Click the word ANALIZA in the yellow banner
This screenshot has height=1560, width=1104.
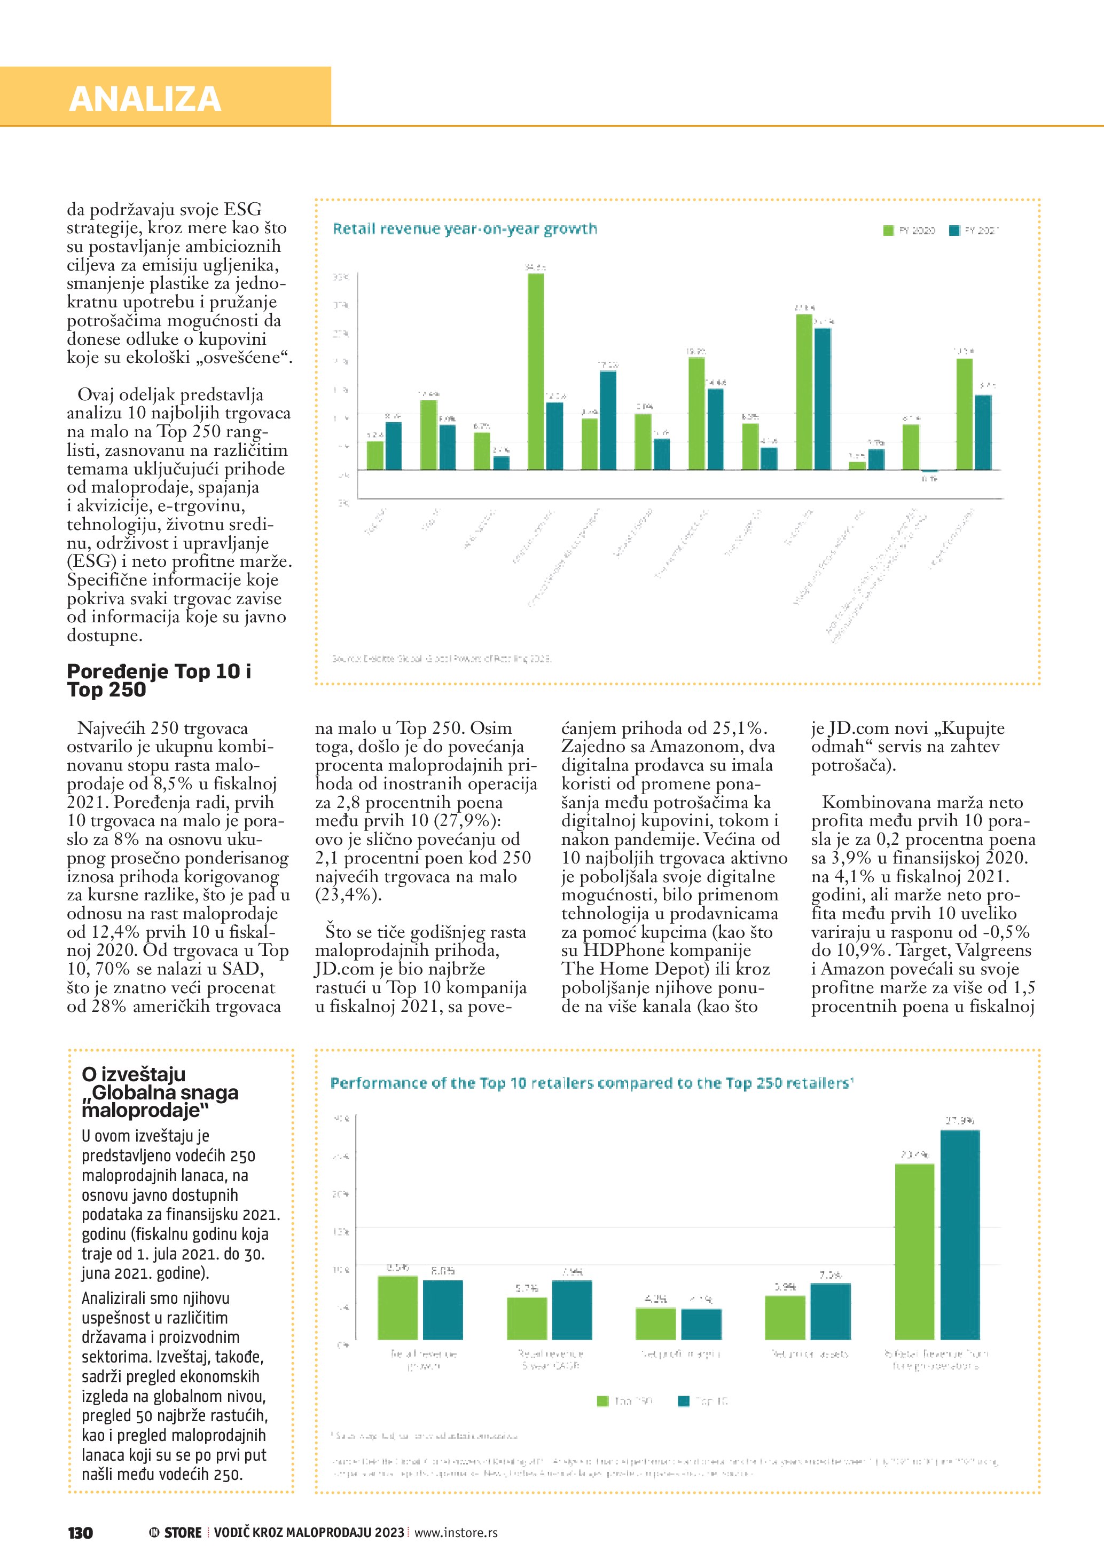[x=145, y=99]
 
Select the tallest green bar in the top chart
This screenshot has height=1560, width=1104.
[x=536, y=371]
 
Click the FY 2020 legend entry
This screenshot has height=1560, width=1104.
[x=909, y=231]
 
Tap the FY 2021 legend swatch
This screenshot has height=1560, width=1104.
[x=954, y=231]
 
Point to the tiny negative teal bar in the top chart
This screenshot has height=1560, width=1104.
[x=929, y=471]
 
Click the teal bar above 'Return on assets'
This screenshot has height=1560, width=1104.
[x=830, y=1311]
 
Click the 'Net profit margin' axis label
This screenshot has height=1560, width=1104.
[x=680, y=1353]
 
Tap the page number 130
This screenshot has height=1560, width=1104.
[x=80, y=1533]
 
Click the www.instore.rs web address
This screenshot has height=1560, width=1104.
[x=456, y=1533]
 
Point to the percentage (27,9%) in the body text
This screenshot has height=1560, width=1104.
[x=468, y=821]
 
